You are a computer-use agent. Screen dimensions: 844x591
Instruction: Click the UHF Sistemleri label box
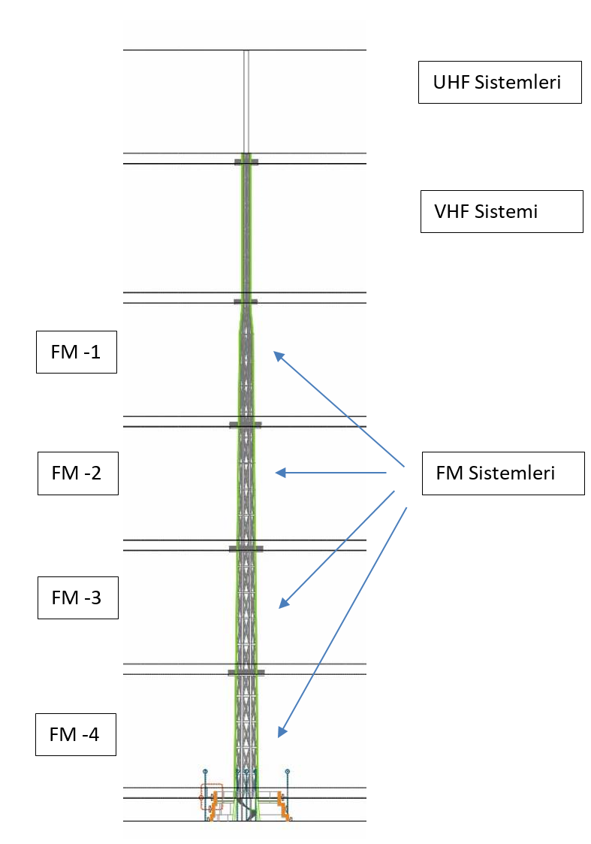(499, 82)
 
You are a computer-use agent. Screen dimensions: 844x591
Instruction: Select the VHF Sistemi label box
(501, 211)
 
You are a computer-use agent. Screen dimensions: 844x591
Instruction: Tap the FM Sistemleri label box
(502, 473)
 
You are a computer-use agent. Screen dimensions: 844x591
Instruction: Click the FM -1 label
(76, 352)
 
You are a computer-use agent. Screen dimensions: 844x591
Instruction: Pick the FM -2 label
(77, 473)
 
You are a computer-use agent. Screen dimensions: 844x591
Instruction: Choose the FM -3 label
(77, 597)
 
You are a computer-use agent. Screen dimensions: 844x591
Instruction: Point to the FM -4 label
(75, 734)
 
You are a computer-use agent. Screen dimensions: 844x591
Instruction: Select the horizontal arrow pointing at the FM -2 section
(330, 473)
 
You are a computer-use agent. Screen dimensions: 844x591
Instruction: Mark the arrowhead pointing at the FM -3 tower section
(282, 604)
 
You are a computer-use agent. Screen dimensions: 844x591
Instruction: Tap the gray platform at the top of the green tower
(246, 162)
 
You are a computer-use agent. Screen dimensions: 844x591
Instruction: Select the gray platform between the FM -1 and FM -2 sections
(246, 425)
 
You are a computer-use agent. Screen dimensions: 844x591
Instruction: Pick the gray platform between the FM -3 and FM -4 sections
(246, 672)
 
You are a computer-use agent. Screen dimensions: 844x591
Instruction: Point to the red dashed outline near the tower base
(211, 796)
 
